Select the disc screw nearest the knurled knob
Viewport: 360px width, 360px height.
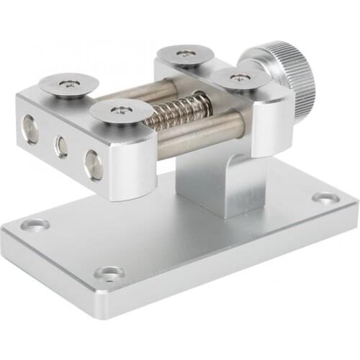236,78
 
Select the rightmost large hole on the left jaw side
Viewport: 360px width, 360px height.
94,163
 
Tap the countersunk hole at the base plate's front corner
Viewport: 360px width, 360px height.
109,273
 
